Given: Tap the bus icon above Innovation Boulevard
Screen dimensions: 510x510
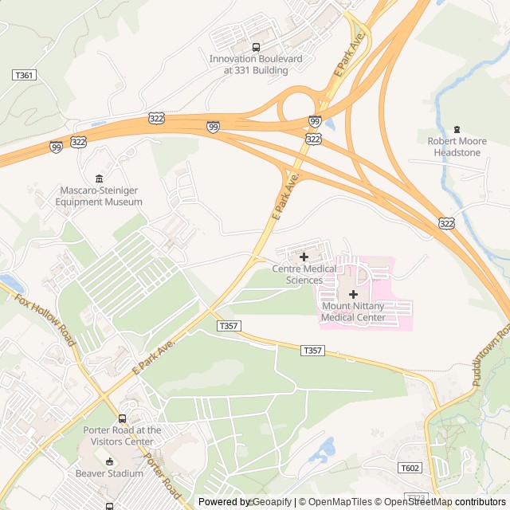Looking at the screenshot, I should click(256, 48).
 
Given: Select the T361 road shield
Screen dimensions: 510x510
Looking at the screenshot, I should click(24, 75).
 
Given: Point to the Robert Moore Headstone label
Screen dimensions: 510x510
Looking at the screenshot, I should click(457, 147).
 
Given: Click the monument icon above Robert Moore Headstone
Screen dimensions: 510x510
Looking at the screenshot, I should click(457, 129).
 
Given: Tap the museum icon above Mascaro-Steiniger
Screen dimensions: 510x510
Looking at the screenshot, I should click(99, 178).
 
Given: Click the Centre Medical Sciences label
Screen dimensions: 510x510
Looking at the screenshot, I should click(304, 274).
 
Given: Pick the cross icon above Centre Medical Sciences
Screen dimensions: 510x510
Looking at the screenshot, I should click(304, 257).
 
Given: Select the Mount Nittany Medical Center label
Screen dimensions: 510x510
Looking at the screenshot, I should click(353, 312).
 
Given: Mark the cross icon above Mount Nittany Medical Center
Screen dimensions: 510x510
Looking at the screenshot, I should click(353, 295).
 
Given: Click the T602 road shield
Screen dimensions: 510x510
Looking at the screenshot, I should click(410, 468).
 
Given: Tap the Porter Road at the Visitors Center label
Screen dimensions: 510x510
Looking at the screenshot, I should click(122, 436).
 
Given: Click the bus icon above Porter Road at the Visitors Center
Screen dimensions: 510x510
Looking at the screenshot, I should click(122, 418).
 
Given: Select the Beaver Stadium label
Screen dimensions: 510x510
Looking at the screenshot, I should click(109, 473).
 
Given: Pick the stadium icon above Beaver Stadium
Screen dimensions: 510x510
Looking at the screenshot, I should click(109, 461).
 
